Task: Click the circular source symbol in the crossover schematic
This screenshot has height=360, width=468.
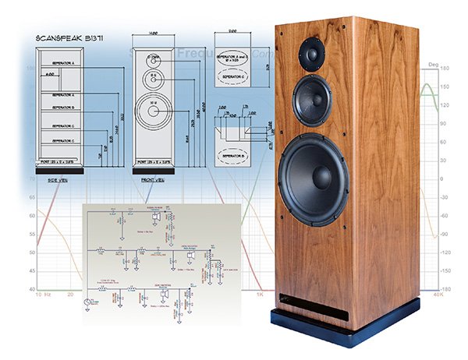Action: click(89, 302)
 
